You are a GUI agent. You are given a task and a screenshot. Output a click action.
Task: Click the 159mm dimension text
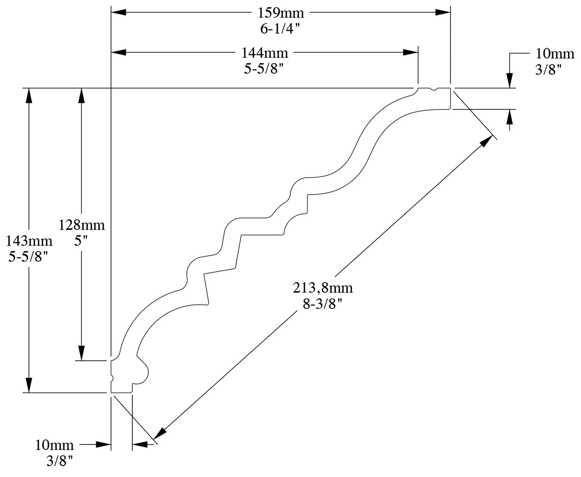coord(281,13)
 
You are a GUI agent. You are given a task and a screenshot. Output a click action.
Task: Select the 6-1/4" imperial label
coord(281,29)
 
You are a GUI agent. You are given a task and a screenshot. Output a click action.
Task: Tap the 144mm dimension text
coord(264,53)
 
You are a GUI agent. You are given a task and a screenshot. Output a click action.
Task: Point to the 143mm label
coord(29,241)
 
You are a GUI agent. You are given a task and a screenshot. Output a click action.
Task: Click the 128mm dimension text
coord(82,225)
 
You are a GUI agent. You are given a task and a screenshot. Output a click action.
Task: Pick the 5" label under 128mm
coord(81,241)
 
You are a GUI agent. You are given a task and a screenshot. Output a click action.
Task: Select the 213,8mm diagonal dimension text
coord(323,288)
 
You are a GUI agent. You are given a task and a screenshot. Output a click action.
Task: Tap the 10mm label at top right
coord(555,54)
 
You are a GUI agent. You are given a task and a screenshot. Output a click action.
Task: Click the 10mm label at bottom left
coord(54,445)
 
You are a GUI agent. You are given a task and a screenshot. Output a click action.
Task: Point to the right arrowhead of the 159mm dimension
coord(443,12)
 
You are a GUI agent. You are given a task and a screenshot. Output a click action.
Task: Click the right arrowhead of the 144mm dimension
coord(411,52)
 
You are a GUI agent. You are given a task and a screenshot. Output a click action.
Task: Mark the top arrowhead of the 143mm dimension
coord(29,96)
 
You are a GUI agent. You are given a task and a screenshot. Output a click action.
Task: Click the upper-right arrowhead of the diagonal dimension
coord(486,141)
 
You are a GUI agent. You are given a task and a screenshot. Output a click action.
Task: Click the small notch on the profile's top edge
coord(433,89)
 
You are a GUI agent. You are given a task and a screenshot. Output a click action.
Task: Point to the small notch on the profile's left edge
coord(112,378)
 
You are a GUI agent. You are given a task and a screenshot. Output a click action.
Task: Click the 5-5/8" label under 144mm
coord(264,69)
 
